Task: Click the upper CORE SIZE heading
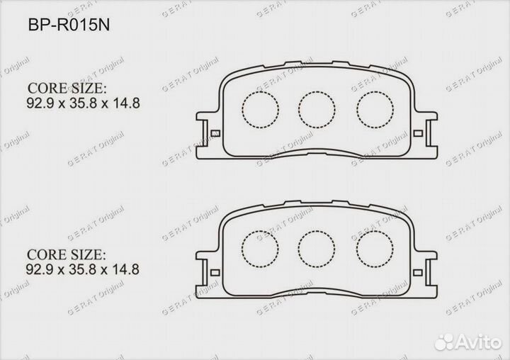pos(67,89)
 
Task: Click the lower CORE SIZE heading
pos(67,254)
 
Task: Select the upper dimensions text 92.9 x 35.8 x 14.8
pos(84,103)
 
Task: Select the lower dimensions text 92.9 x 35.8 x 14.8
pos(84,269)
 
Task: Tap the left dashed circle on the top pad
pos(259,108)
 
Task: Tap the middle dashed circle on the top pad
pos(316,108)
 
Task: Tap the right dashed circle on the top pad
pos(373,108)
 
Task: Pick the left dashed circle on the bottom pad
pos(259,248)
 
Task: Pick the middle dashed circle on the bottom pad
pos(316,248)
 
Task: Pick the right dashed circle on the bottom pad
pos(373,248)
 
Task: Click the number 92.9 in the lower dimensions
pos(39,269)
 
